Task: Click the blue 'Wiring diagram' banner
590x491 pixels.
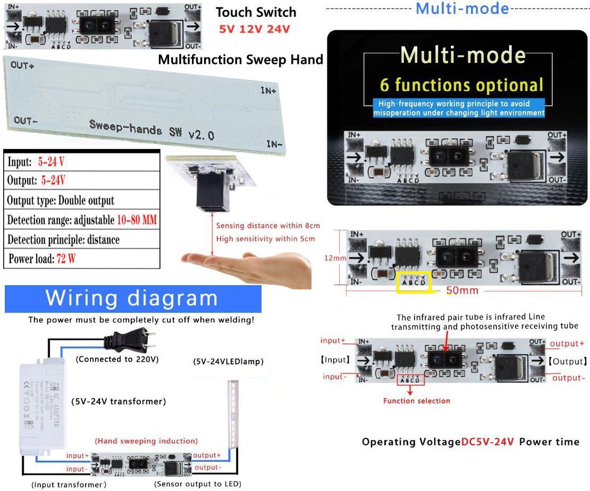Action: [x=132, y=299]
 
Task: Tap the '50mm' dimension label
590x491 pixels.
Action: [x=462, y=290]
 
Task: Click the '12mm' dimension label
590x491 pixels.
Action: [x=335, y=258]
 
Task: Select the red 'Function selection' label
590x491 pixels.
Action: [x=417, y=401]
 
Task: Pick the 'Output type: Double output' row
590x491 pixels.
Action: [x=61, y=201]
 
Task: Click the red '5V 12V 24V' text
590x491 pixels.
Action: [x=255, y=29]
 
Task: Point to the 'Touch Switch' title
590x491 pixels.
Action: [x=256, y=12]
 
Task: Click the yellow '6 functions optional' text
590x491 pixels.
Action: [x=462, y=85]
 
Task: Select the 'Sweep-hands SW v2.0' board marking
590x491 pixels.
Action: [x=151, y=129]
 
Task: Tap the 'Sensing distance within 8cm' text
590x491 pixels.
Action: [x=268, y=226]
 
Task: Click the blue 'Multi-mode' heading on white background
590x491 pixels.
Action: [x=462, y=8]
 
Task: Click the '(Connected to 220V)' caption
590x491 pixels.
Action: [x=117, y=359]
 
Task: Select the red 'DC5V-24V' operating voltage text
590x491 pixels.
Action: [x=487, y=442]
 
